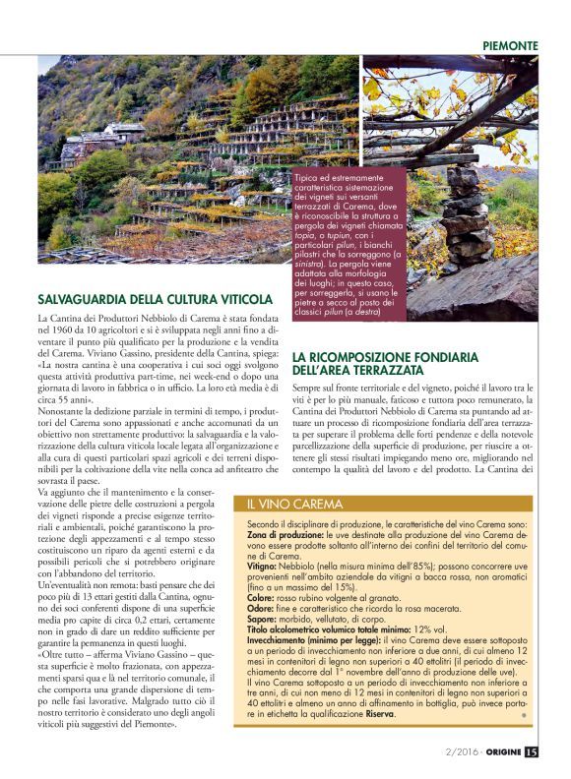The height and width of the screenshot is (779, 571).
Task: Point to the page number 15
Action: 532,752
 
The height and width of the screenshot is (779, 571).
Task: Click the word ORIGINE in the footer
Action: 498,752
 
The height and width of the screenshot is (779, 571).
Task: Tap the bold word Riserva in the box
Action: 375,713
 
